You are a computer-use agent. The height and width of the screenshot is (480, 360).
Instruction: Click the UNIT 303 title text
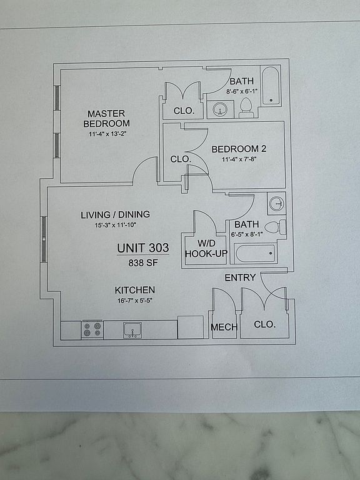(143, 247)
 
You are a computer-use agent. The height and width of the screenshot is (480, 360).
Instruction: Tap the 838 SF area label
(143, 262)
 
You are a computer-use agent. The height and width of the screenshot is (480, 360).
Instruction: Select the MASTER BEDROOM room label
(106, 119)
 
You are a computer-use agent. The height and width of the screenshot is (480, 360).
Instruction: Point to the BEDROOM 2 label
(239, 149)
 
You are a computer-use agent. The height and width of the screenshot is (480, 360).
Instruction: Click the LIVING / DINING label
(116, 214)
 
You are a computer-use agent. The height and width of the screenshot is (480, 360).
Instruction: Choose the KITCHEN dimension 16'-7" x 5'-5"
(135, 301)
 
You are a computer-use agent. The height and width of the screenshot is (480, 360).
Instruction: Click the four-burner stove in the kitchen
(92, 329)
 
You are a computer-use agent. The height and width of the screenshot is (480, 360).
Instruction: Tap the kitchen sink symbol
(132, 330)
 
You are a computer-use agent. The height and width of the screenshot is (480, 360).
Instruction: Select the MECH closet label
(224, 327)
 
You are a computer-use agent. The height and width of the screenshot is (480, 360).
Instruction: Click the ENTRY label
(240, 277)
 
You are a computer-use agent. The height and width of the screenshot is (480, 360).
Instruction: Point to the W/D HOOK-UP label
(206, 249)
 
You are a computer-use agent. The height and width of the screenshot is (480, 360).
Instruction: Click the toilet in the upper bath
(246, 107)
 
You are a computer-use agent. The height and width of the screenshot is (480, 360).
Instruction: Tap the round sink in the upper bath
(220, 109)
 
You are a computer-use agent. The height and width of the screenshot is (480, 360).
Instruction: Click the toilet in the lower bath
(275, 227)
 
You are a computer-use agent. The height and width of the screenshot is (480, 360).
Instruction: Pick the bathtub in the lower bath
(255, 254)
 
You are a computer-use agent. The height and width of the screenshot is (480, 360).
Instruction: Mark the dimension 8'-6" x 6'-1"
(242, 91)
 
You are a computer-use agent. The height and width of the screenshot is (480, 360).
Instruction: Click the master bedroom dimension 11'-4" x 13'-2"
(107, 134)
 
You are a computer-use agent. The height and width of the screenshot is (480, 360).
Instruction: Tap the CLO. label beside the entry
(265, 324)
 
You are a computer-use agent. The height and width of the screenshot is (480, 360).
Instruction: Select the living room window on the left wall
(44, 239)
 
